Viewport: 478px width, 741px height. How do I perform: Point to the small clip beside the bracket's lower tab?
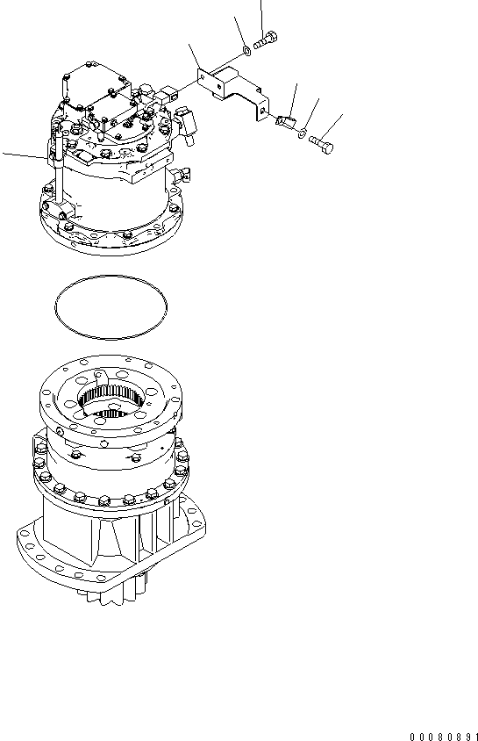284,122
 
